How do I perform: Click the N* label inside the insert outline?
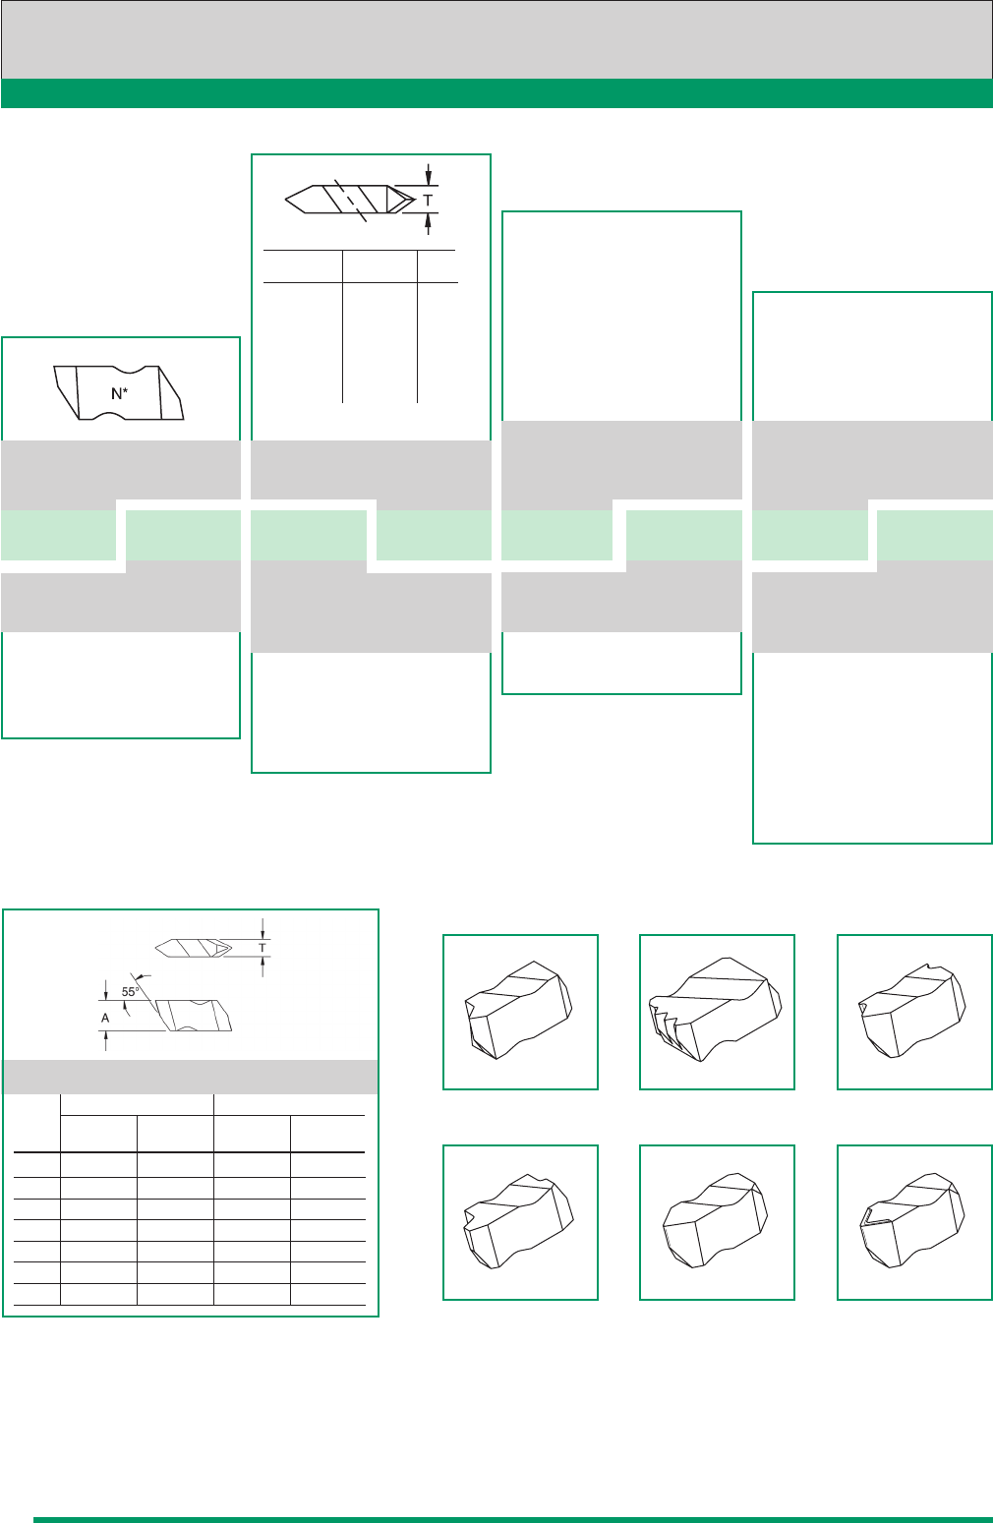120,393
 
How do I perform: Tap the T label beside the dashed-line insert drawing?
428,201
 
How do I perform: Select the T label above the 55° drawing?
263,947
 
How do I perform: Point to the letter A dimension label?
105,1018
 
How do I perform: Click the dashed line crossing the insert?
351,201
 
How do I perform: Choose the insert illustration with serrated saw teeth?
717,1012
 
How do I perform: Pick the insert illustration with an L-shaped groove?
914,1222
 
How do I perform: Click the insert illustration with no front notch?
717,1222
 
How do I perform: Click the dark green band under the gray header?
496,93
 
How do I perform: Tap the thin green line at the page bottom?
513,1520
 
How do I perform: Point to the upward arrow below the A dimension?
105,1040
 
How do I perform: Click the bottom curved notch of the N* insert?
110,416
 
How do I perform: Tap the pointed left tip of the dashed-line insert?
286,200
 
